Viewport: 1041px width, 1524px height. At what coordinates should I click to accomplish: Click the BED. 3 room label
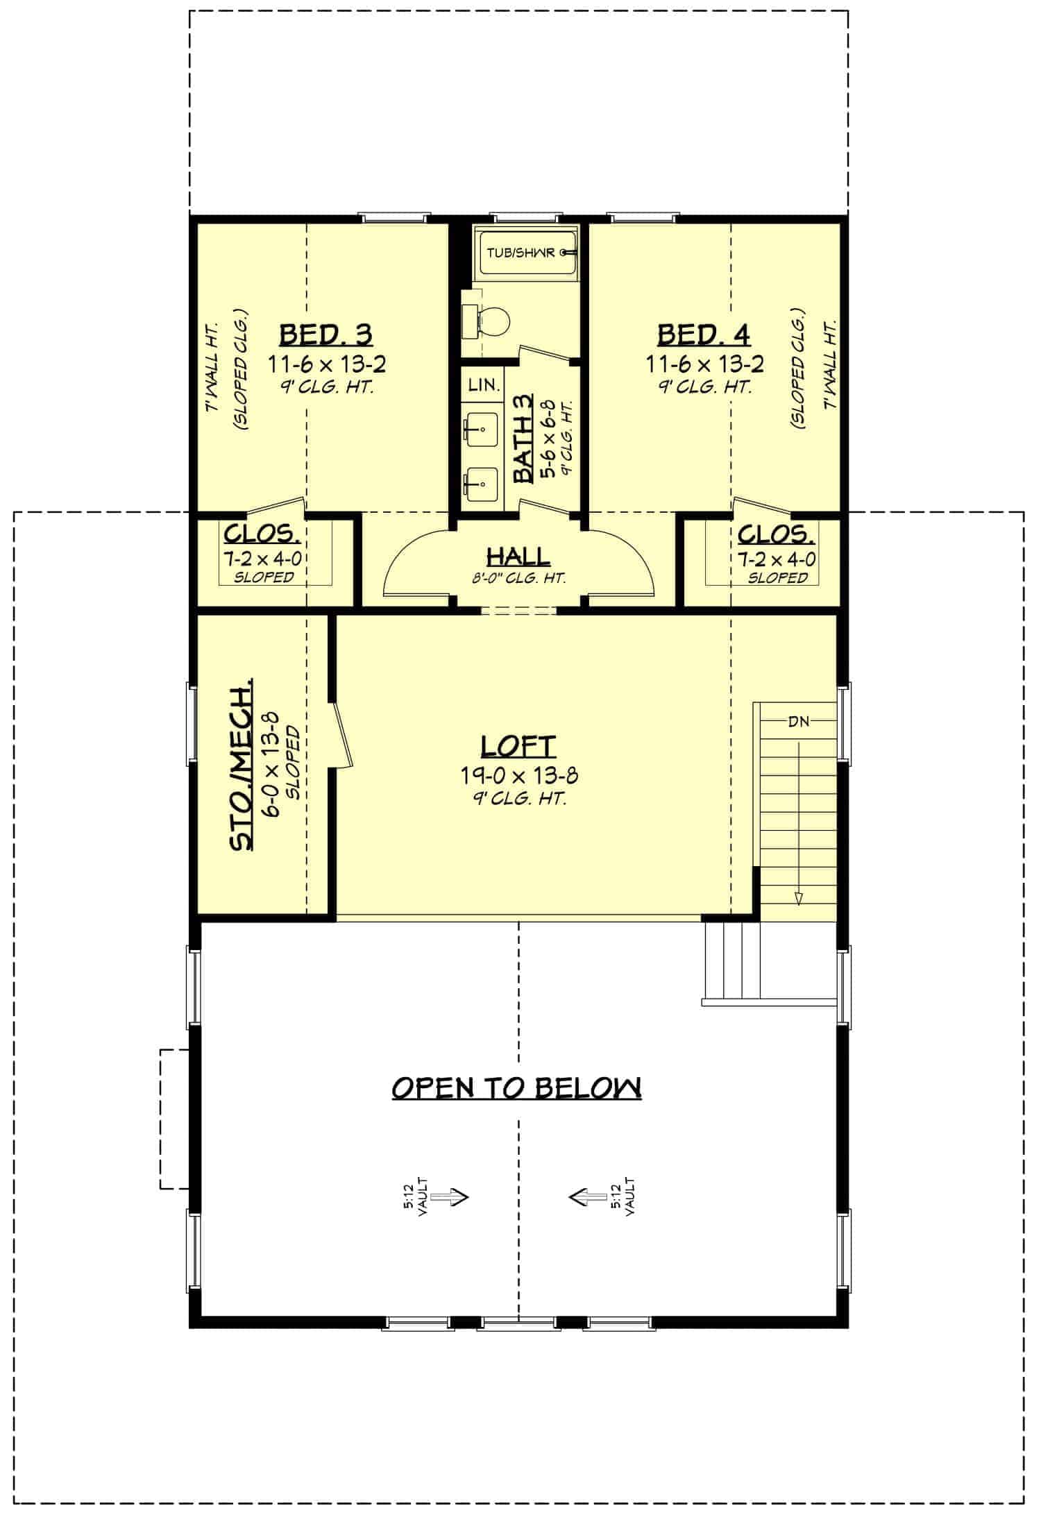325,335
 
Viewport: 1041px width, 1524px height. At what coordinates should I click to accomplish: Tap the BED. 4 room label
704,335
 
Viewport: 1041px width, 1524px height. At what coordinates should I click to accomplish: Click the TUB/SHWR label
521,253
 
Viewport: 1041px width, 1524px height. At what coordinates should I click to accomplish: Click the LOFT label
518,747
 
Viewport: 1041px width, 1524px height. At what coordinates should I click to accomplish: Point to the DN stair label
798,722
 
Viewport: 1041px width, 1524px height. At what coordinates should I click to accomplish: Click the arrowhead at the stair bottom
798,898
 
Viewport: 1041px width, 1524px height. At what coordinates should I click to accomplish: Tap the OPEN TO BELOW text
516,1087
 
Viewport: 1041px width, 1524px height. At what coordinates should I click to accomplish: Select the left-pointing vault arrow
586,1196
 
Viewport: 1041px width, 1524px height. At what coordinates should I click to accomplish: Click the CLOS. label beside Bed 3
262,534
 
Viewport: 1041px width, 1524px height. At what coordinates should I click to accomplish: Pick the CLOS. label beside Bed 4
777,534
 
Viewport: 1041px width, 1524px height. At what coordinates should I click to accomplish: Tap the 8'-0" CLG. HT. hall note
519,577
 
